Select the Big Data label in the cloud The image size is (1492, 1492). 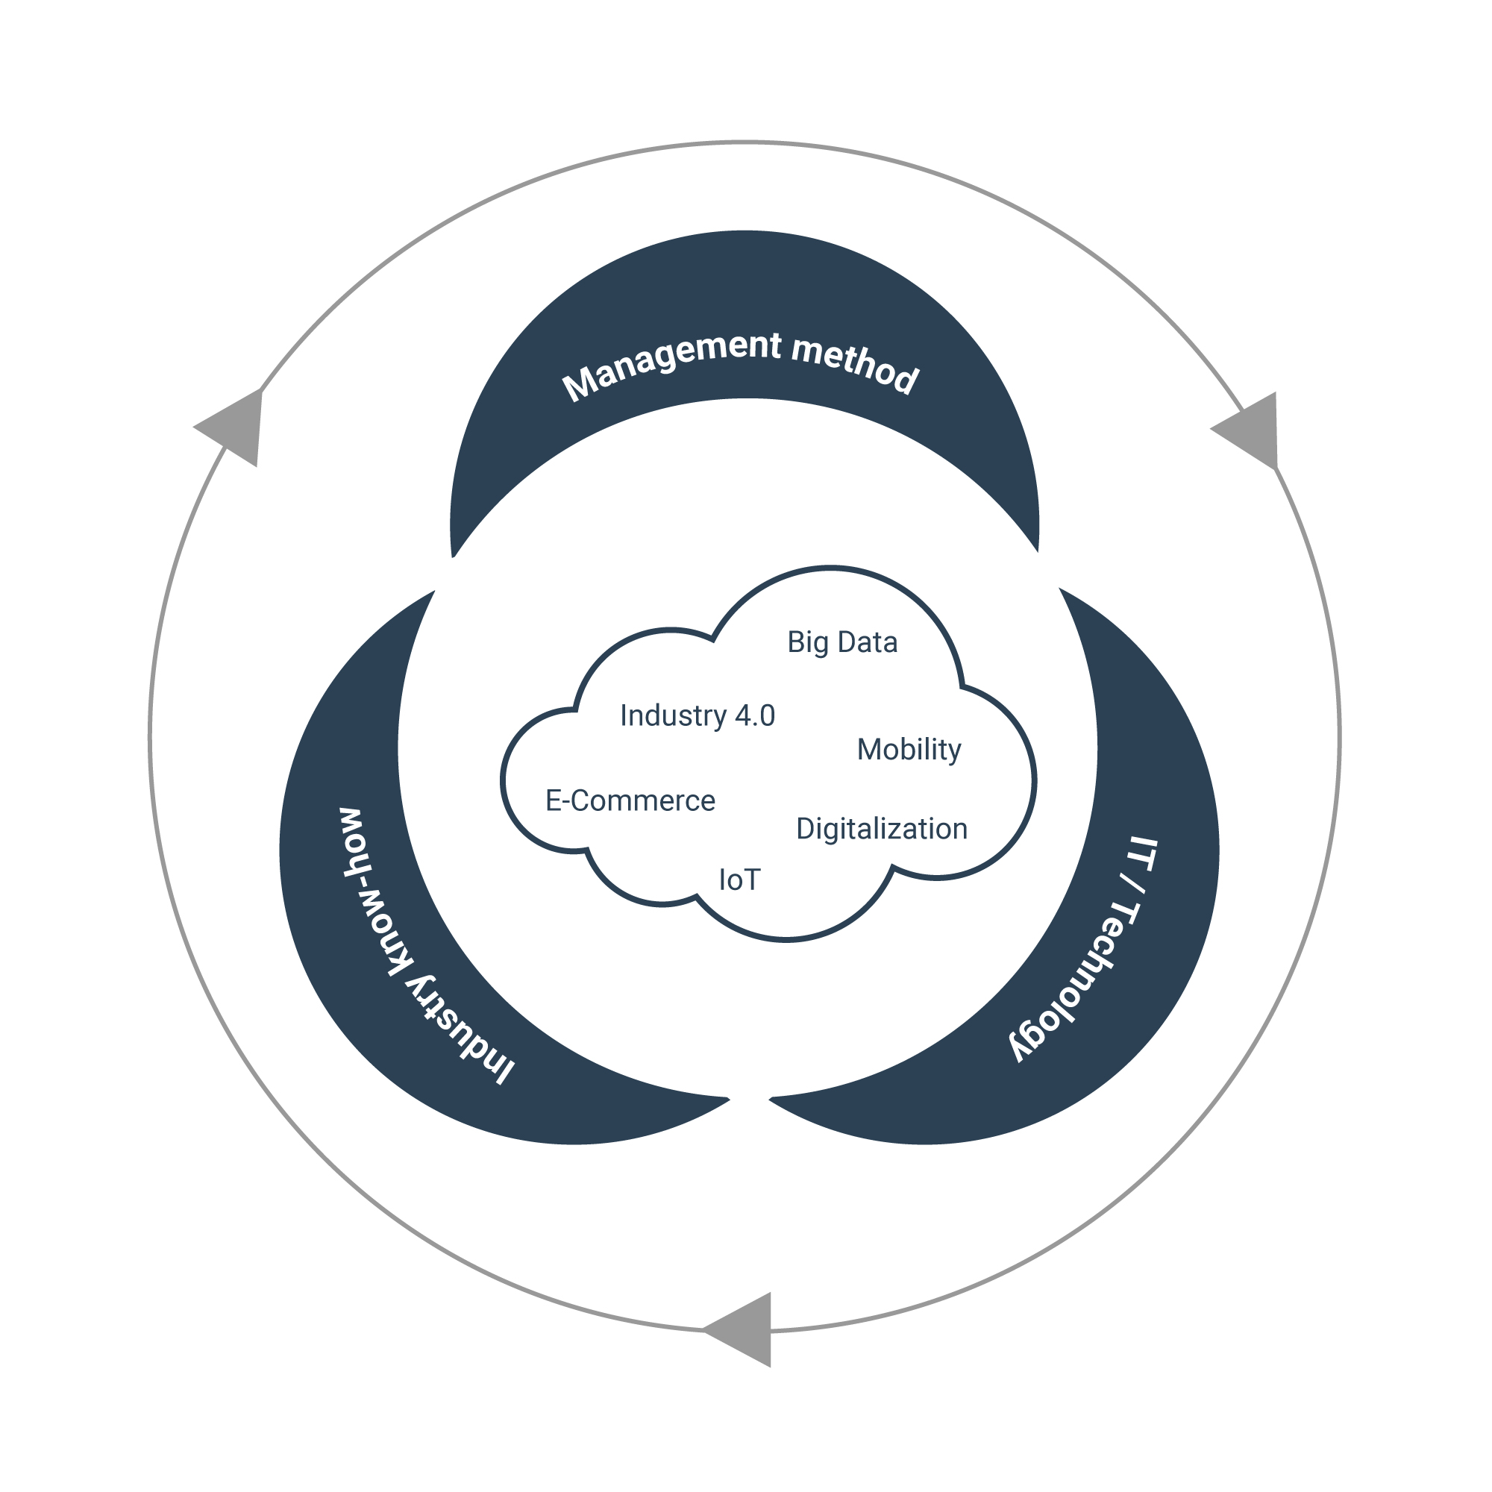[x=842, y=642]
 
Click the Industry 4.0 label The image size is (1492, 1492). [x=698, y=716]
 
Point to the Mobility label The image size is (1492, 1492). [x=909, y=750]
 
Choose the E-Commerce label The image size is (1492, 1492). [x=630, y=800]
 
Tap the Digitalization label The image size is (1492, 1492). [x=882, y=830]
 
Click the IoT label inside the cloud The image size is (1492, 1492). [x=740, y=880]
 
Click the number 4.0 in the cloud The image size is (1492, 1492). [x=754, y=716]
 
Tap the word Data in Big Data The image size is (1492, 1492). [x=868, y=642]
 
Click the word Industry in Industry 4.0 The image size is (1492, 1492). [x=674, y=716]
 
